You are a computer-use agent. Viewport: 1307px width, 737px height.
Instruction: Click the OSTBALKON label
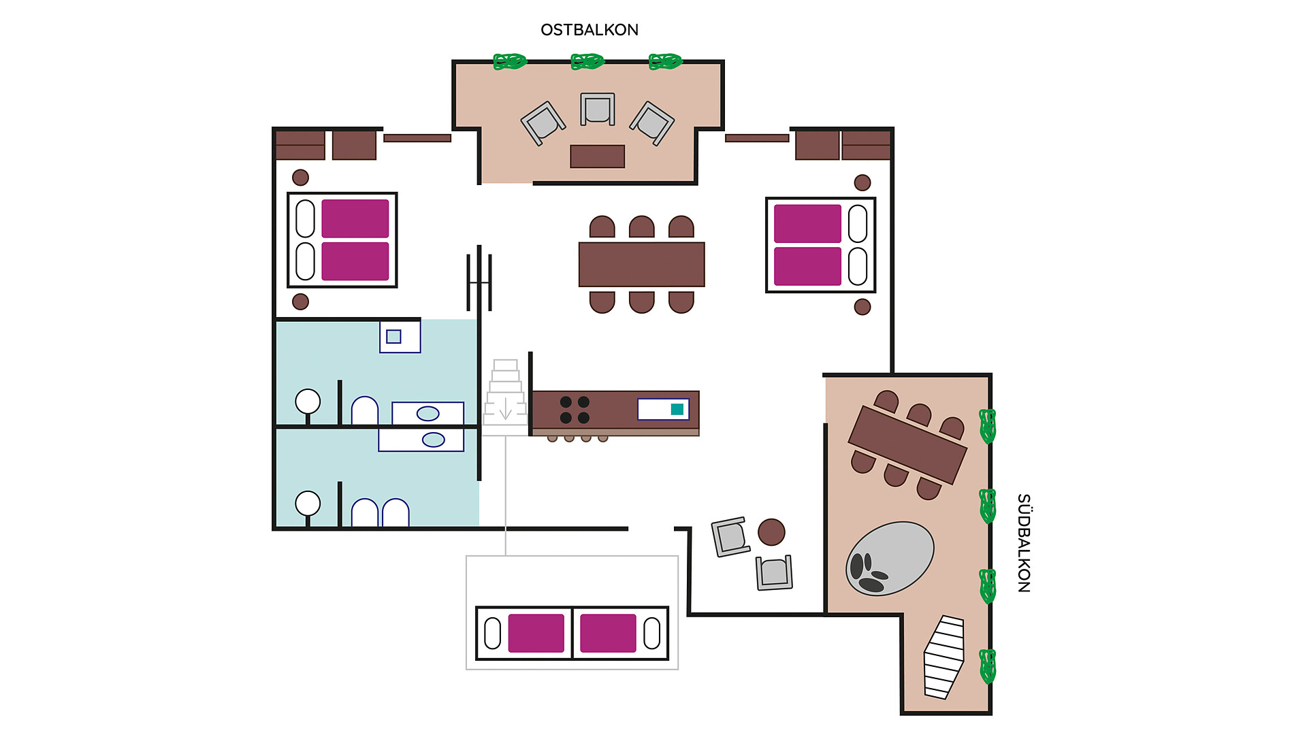point(589,30)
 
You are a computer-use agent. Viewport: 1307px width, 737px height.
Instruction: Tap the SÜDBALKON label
point(1023,542)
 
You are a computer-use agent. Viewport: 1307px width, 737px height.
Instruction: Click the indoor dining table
point(641,264)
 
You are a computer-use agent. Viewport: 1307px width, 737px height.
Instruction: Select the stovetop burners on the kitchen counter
point(575,410)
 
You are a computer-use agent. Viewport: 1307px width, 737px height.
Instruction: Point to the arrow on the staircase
point(505,408)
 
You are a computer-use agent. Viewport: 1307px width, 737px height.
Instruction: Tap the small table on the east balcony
point(597,156)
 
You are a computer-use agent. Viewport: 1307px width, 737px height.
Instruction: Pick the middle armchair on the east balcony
point(598,109)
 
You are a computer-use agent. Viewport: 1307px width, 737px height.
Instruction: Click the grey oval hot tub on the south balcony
point(890,558)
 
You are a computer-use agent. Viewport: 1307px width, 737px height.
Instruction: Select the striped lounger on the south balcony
point(944,657)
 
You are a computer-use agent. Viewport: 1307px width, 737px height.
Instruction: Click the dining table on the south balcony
point(907,444)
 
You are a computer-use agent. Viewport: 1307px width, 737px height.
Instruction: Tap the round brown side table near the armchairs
point(771,532)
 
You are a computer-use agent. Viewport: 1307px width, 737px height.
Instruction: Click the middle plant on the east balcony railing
point(587,62)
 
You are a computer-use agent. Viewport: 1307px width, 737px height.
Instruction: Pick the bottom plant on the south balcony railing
point(987,666)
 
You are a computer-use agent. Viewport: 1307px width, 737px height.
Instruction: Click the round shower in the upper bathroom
point(308,402)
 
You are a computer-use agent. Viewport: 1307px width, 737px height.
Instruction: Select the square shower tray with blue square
point(400,336)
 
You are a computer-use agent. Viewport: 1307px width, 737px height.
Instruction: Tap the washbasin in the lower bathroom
point(433,440)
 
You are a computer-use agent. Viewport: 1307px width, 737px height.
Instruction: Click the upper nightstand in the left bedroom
point(300,178)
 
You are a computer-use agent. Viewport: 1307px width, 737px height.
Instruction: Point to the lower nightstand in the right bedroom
point(862,307)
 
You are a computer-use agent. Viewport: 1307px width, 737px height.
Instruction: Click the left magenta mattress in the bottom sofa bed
point(536,633)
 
